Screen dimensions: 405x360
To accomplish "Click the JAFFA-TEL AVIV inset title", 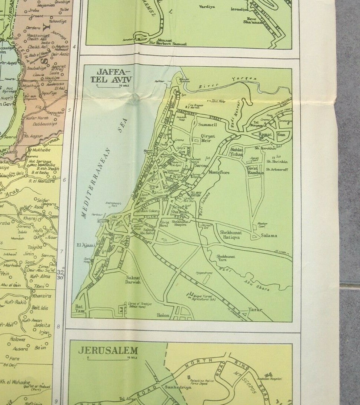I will point(112,75).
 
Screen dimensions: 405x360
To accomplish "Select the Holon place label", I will point(163,315).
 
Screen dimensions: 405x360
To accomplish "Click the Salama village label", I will point(269,235).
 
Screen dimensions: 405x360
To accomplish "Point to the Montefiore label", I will point(219,172).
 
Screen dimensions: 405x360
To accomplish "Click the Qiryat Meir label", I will point(208,138).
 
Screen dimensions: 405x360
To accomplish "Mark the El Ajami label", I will point(86,245).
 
